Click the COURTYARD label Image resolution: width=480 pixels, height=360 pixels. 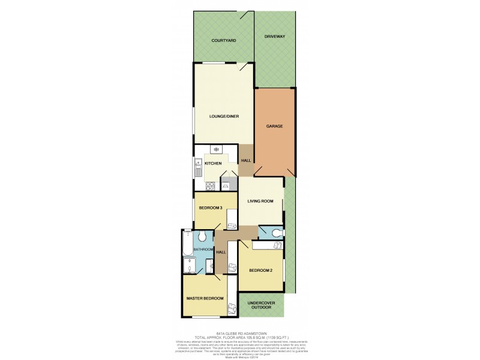(223, 40)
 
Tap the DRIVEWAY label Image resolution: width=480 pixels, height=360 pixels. (274, 37)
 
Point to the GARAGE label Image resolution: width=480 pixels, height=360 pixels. (275, 127)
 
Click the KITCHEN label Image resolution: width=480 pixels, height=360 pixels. (214, 163)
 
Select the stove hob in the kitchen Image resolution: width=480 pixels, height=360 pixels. (210, 185)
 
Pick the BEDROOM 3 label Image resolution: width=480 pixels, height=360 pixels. (211, 208)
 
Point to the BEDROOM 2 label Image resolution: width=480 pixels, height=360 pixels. (261, 271)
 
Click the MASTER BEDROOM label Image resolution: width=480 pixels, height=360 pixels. (205, 298)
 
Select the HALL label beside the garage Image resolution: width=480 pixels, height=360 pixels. (246, 161)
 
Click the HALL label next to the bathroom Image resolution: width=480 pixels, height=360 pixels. (221, 252)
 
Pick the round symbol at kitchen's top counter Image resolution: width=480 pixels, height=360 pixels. (217, 149)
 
